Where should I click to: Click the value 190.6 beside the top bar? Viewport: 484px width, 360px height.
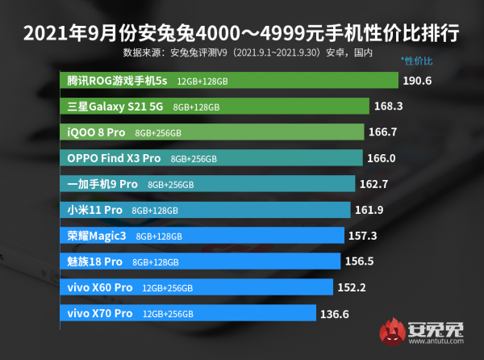coord(419,82)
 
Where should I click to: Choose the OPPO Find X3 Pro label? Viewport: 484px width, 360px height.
coord(115,159)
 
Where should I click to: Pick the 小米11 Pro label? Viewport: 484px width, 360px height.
coord(95,211)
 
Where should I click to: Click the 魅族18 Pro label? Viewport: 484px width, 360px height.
coord(95,262)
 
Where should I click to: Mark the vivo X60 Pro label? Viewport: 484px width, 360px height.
coord(100,288)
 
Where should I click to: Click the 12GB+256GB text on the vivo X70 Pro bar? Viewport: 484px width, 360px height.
coord(168,314)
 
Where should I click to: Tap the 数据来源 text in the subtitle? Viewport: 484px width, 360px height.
coord(142,53)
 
